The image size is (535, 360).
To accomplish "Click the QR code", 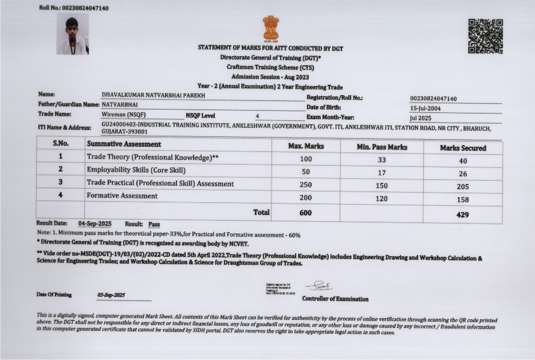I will tap(485, 36).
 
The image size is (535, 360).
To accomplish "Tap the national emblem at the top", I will tap(270, 28).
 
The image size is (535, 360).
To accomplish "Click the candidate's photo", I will tap(72, 35).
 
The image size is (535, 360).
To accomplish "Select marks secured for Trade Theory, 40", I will tap(463, 161).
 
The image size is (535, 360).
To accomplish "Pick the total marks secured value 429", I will tap(463, 214).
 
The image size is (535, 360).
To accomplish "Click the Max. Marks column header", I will tap(306, 147).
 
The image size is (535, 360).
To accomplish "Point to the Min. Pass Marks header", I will tap(382, 147).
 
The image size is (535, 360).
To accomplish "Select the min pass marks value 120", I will tap(382, 198).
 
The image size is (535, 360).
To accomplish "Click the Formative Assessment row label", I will tap(122, 196).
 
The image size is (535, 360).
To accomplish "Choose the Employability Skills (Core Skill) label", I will tap(136, 170).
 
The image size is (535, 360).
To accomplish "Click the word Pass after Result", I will tap(154, 224).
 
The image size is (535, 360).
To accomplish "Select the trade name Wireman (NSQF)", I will tap(123, 115).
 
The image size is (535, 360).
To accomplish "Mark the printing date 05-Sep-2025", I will tap(111, 295).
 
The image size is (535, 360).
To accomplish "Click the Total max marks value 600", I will tap(306, 212).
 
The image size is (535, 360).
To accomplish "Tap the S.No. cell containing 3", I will tap(60, 182).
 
